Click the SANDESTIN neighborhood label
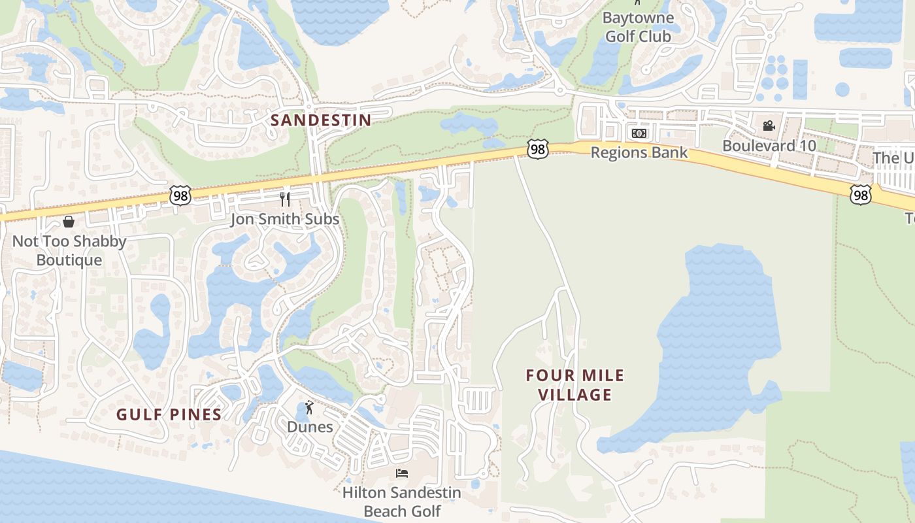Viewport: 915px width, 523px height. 321,120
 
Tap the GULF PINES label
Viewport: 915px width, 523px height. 169,414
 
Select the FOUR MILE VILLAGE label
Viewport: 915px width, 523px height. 575,385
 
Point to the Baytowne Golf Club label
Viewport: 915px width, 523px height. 638,27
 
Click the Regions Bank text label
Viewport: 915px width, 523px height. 639,153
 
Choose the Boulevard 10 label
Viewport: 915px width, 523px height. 769,146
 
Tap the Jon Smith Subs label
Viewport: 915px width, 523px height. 284,219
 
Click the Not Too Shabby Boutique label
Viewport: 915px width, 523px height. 69,250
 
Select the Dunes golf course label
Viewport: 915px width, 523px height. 310,427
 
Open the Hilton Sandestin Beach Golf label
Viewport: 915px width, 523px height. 402,501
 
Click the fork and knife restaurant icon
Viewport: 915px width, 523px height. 285,198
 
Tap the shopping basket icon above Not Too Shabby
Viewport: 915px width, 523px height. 69,222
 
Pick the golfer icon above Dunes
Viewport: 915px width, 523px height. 309,407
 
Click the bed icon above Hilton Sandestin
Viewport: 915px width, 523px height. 402,473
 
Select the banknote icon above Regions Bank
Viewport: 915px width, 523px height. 639,133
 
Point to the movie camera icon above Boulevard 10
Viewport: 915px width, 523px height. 769,126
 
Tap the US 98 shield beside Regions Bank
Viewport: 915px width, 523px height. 537,150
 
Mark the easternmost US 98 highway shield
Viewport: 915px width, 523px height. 861,194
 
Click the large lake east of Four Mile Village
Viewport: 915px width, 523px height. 719,340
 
